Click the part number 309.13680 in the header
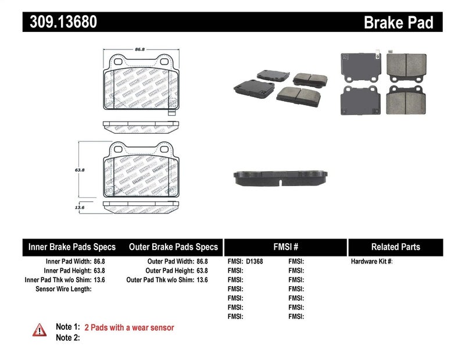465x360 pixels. tap(60, 22)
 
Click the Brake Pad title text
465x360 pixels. tap(398, 23)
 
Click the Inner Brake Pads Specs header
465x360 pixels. tap(72, 247)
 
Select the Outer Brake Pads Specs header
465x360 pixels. tap(174, 247)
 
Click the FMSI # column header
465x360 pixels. tap(285, 247)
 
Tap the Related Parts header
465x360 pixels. tap(395, 247)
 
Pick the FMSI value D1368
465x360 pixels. tap(254, 262)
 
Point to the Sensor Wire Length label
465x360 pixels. tap(63, 288)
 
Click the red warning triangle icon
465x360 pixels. tap(40, 330)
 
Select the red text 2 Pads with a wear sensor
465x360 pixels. tap(129, 327)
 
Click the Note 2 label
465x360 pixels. tap(67, 338)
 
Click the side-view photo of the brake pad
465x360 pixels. tap(281, 178)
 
